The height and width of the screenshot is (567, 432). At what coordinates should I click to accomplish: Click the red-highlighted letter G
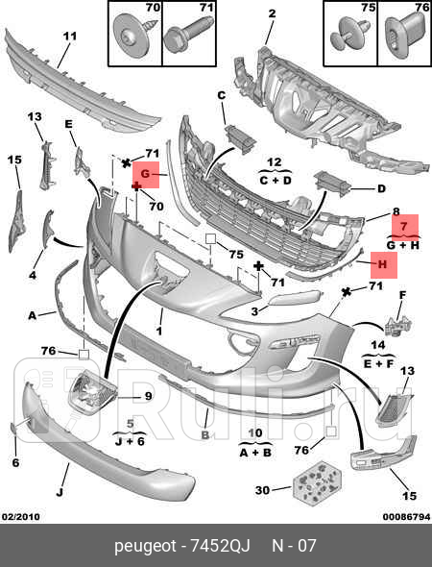[x=145, y=174]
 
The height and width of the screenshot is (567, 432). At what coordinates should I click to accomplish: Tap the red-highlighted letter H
[x=382, y=264]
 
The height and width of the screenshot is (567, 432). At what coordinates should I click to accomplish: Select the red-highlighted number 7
[x=403, y=227]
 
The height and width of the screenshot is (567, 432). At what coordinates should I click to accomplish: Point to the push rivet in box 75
[x=349, y=35]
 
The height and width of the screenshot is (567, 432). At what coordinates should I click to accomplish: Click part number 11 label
[x=70, y=37]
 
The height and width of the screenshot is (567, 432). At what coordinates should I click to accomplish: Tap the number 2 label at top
[x=272, y=13]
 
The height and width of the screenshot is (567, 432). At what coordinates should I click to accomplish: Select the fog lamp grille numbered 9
[x=92, y=393]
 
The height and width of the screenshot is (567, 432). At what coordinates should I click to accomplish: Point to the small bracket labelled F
[x=397, y=325]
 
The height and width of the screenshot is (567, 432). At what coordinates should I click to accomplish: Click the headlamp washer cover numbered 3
[x=294, y=298]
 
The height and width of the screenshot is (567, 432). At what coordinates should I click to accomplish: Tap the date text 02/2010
[x=21, y=517]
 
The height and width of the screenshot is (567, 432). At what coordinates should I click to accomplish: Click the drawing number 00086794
[x=406, y=517]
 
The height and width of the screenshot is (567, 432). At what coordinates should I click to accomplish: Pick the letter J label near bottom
[x=60, y=492]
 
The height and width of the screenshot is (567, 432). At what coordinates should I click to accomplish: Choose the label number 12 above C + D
[x=275, y=161]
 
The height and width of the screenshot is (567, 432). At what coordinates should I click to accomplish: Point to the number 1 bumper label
[x=158, y=331]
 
